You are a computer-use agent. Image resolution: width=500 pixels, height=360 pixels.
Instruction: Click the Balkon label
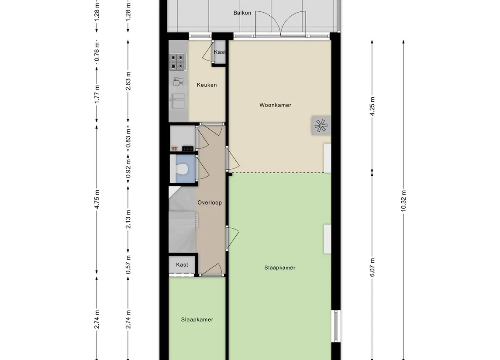click(242, 13)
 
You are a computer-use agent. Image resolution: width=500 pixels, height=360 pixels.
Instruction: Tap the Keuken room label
click(207, 85)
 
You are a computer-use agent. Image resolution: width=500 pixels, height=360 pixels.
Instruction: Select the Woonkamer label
click(275, 105)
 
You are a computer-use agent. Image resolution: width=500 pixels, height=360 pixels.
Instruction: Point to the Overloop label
click(210, 202)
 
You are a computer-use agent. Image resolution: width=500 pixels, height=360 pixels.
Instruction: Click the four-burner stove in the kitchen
click(178, 62)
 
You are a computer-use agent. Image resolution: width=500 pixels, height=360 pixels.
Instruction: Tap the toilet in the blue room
click(182, 169)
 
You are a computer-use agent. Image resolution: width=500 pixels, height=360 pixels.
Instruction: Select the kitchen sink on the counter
click(178, 101)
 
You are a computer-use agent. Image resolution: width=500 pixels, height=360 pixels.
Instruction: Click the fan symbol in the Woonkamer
click(321, 125)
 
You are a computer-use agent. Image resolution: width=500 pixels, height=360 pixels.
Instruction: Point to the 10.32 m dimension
click(403, 201)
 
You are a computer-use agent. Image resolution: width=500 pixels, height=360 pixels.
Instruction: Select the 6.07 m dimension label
click(372, 267)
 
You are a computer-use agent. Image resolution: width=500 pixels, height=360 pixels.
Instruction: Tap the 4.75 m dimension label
click(97, 199)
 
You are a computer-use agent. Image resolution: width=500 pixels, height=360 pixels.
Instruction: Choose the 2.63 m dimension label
click(128, 81)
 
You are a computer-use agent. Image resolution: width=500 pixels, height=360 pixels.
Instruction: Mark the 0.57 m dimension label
click(128, 264)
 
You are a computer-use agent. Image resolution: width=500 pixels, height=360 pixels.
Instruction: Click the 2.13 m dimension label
click(128, 219)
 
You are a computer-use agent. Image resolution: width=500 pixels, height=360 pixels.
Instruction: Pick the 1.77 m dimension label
click(97, 94)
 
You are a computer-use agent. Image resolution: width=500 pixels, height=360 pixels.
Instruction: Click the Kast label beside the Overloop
click(182, 264)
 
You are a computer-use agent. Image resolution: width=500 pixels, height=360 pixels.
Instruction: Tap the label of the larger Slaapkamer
click(279, 267)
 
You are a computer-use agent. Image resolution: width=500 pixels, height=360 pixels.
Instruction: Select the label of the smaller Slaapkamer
click(197, 319)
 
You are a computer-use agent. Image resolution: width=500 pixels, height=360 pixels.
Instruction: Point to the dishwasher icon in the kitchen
click(178, 82)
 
